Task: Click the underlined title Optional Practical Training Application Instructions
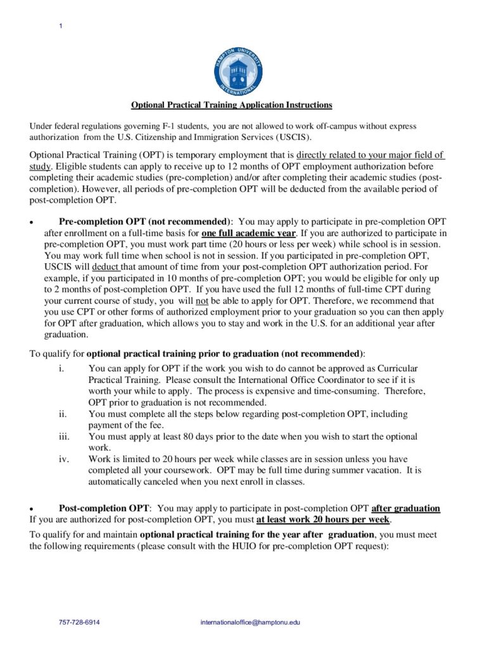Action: click(x=231, y=105)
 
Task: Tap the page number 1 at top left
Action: click(x=60, y=25)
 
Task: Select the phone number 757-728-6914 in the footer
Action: click(x=79, y=622)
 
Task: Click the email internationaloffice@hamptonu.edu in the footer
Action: click(x=250, y=622)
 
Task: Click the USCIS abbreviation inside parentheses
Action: click(x=293, y=137)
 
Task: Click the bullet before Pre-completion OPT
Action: click(x=31, y=223)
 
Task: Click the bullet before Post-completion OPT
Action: click(x=31, y=509)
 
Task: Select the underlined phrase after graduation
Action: click(x=405, y=508)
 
